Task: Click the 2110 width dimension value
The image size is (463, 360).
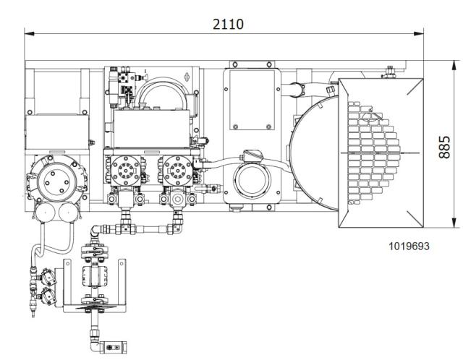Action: (x=229, y=24)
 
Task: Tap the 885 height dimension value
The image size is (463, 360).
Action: (x=444, y=147)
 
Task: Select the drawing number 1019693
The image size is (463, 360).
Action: (x=409, y=246)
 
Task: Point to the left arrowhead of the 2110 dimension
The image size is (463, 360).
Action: (x=29, y=34)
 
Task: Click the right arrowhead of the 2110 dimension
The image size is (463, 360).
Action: (x=419, y=34)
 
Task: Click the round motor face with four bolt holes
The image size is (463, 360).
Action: (x=58, y=181)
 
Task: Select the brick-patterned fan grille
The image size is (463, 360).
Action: (x=373, y=153)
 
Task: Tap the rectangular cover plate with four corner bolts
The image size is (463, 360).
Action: (x=252, y=100)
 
